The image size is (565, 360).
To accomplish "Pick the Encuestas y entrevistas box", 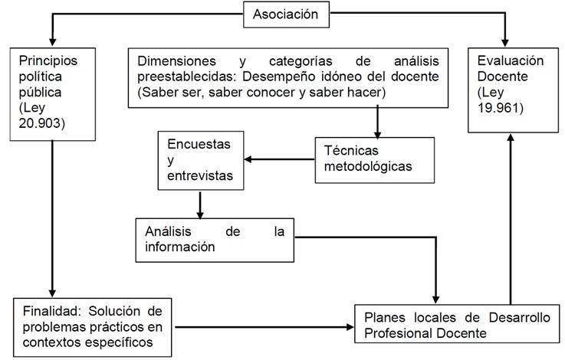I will (202, 160).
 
